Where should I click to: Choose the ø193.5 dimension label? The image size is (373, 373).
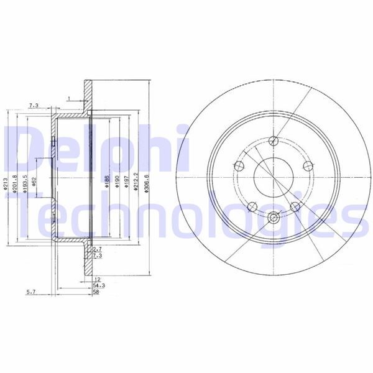click(24, 185)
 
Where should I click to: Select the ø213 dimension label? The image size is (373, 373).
click(5, 185)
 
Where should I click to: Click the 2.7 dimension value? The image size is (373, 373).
click(97, 249)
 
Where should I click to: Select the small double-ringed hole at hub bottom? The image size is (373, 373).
click(274, 217)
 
